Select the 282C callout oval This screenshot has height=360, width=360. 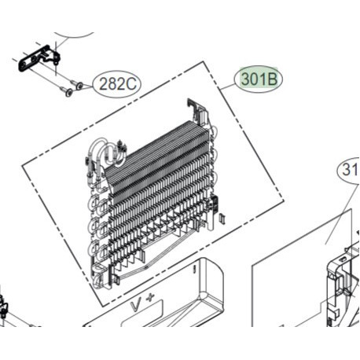pos(116,84)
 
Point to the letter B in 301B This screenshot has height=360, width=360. pos(274,79)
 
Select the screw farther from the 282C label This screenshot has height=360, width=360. pos(68,93)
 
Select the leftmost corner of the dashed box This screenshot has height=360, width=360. pos(21,167)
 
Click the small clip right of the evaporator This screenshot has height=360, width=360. pos(222,217)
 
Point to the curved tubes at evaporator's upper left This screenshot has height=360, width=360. pos(102,151)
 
